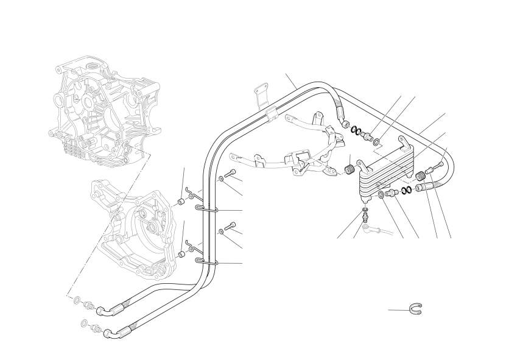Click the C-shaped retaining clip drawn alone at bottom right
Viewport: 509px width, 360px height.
(x=417, y=309)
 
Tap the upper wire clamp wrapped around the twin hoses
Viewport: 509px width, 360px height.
(x=207, y=209)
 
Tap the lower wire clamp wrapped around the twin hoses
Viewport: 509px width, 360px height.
(x=207, y=262)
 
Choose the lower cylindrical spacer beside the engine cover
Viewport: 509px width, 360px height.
(x=181, y=253)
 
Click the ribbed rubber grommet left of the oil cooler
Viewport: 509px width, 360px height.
(x=349, y=169)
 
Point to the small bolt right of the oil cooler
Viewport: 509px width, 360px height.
(x=434, y=168)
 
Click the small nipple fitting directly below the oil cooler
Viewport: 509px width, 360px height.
(x=364, y=215)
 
